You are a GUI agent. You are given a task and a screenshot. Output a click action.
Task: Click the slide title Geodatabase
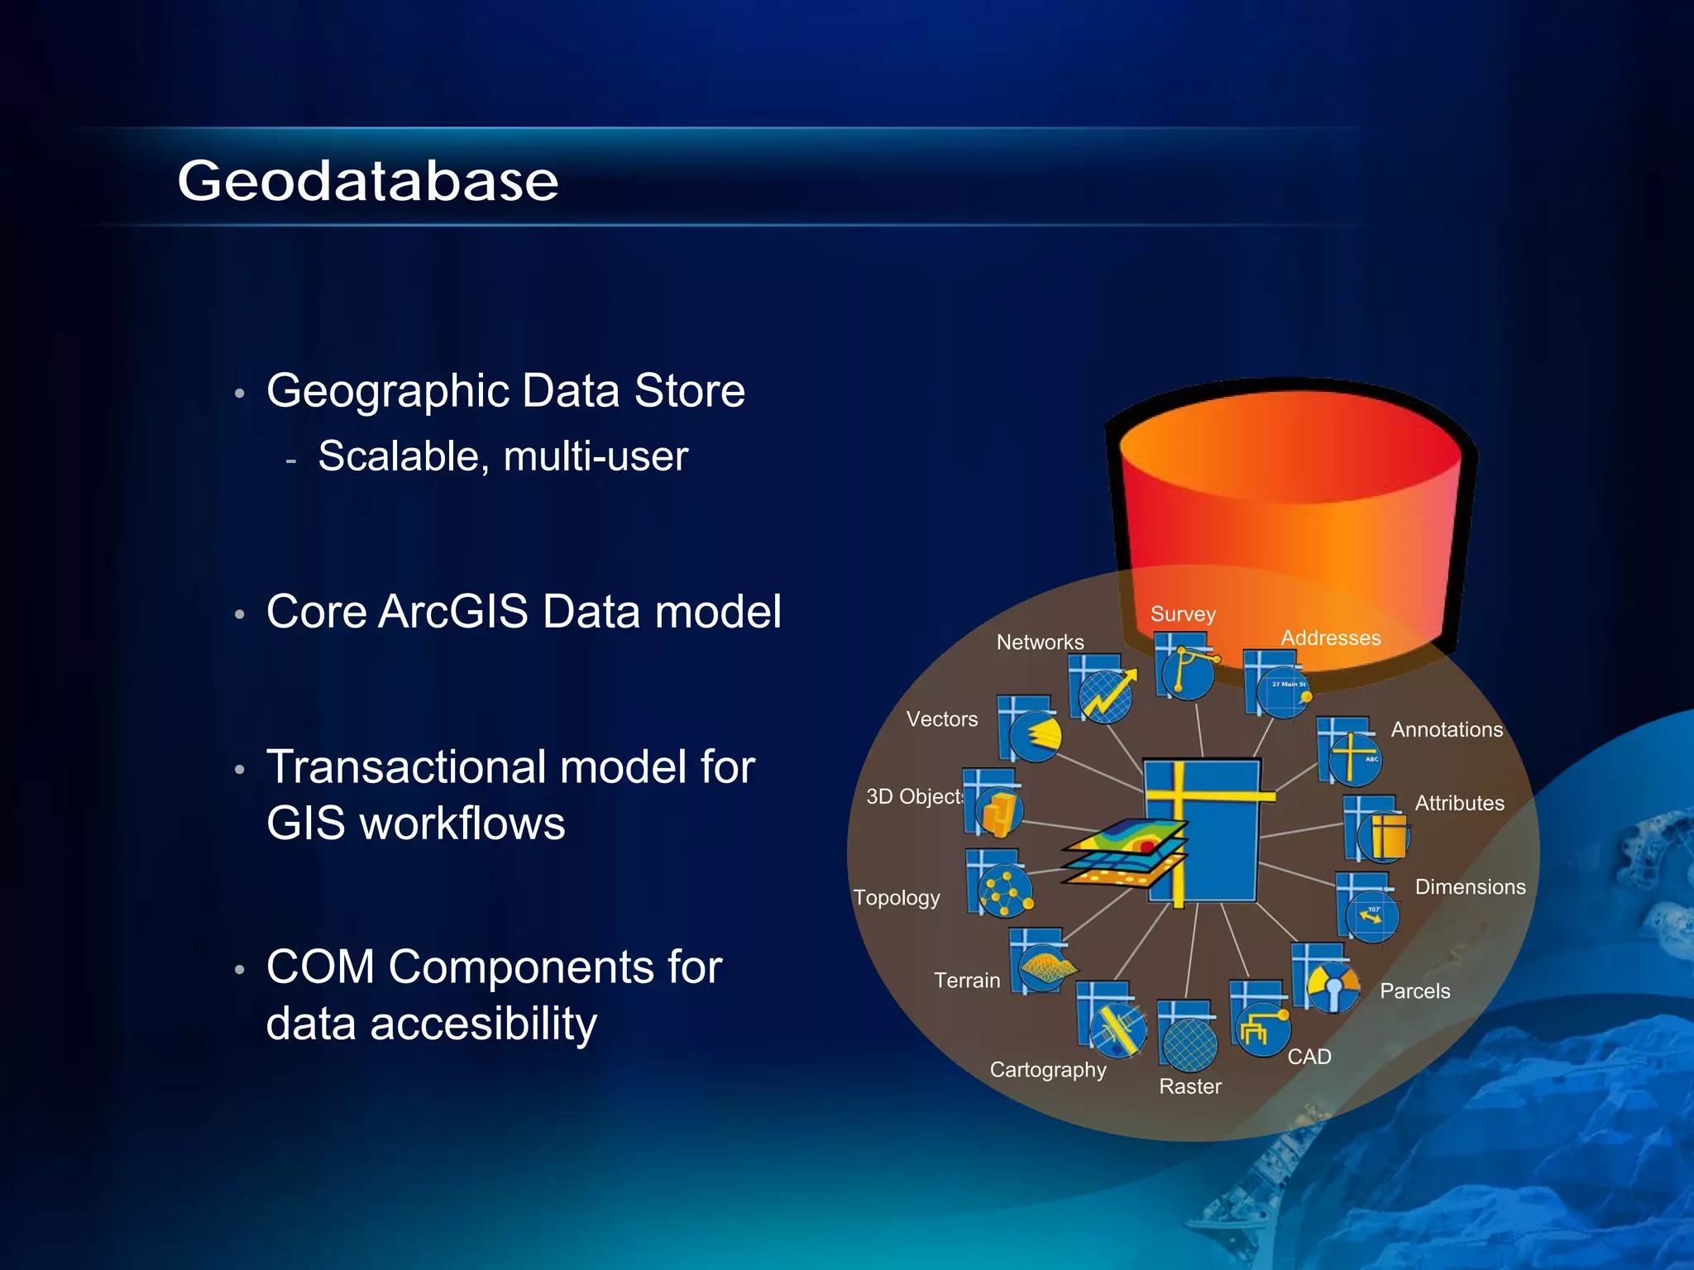point(367,180)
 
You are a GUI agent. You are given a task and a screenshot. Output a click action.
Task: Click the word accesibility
point(483,1024)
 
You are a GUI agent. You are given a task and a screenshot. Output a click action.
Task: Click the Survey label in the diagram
point(1183,614)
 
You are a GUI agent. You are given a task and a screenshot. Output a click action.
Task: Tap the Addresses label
point(1330,638)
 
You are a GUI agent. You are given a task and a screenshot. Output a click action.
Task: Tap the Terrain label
point(967,981)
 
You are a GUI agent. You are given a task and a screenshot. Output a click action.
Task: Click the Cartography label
point(1047,1070)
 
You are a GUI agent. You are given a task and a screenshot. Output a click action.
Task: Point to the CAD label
point(1309,1057)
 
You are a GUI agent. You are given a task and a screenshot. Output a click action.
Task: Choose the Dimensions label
point(1470,887)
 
